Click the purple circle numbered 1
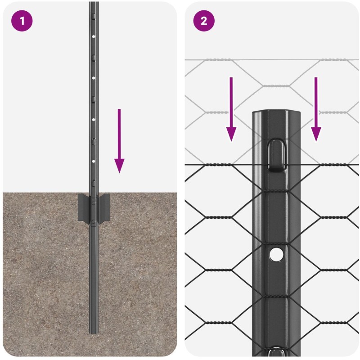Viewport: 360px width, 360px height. (x=22, y=21)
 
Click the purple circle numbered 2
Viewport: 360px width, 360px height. (x=204, y=21)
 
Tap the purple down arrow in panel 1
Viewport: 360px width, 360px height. (x=119, y=141)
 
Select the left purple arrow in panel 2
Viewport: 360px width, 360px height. (x=231, y=109)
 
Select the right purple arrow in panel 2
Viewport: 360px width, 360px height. (x=316, y=109)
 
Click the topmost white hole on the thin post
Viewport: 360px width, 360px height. (x=94, y=36)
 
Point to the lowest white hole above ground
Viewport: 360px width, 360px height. (x=94, y=162)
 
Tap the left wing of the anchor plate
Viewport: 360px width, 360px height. (x=83, y=208)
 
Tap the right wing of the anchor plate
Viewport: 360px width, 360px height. (x=104, y=208)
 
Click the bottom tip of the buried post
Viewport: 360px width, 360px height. (x=94, y=333)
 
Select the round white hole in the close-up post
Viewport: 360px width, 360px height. (x=276, y=254)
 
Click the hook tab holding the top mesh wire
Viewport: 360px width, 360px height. (x=276, y=155)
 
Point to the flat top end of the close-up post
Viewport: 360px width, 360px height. (x=276, y=112)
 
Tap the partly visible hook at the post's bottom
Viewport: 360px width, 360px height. (x=276, y=353)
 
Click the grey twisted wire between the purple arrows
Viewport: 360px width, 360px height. (x=276, y=86)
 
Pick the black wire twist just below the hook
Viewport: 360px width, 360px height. (x=276, y=191)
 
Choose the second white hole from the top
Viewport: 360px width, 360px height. (x=94, y=78)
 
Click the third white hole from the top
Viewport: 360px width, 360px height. (x=94, y=120)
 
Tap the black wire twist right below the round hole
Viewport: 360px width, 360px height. (x=276, y=296)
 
